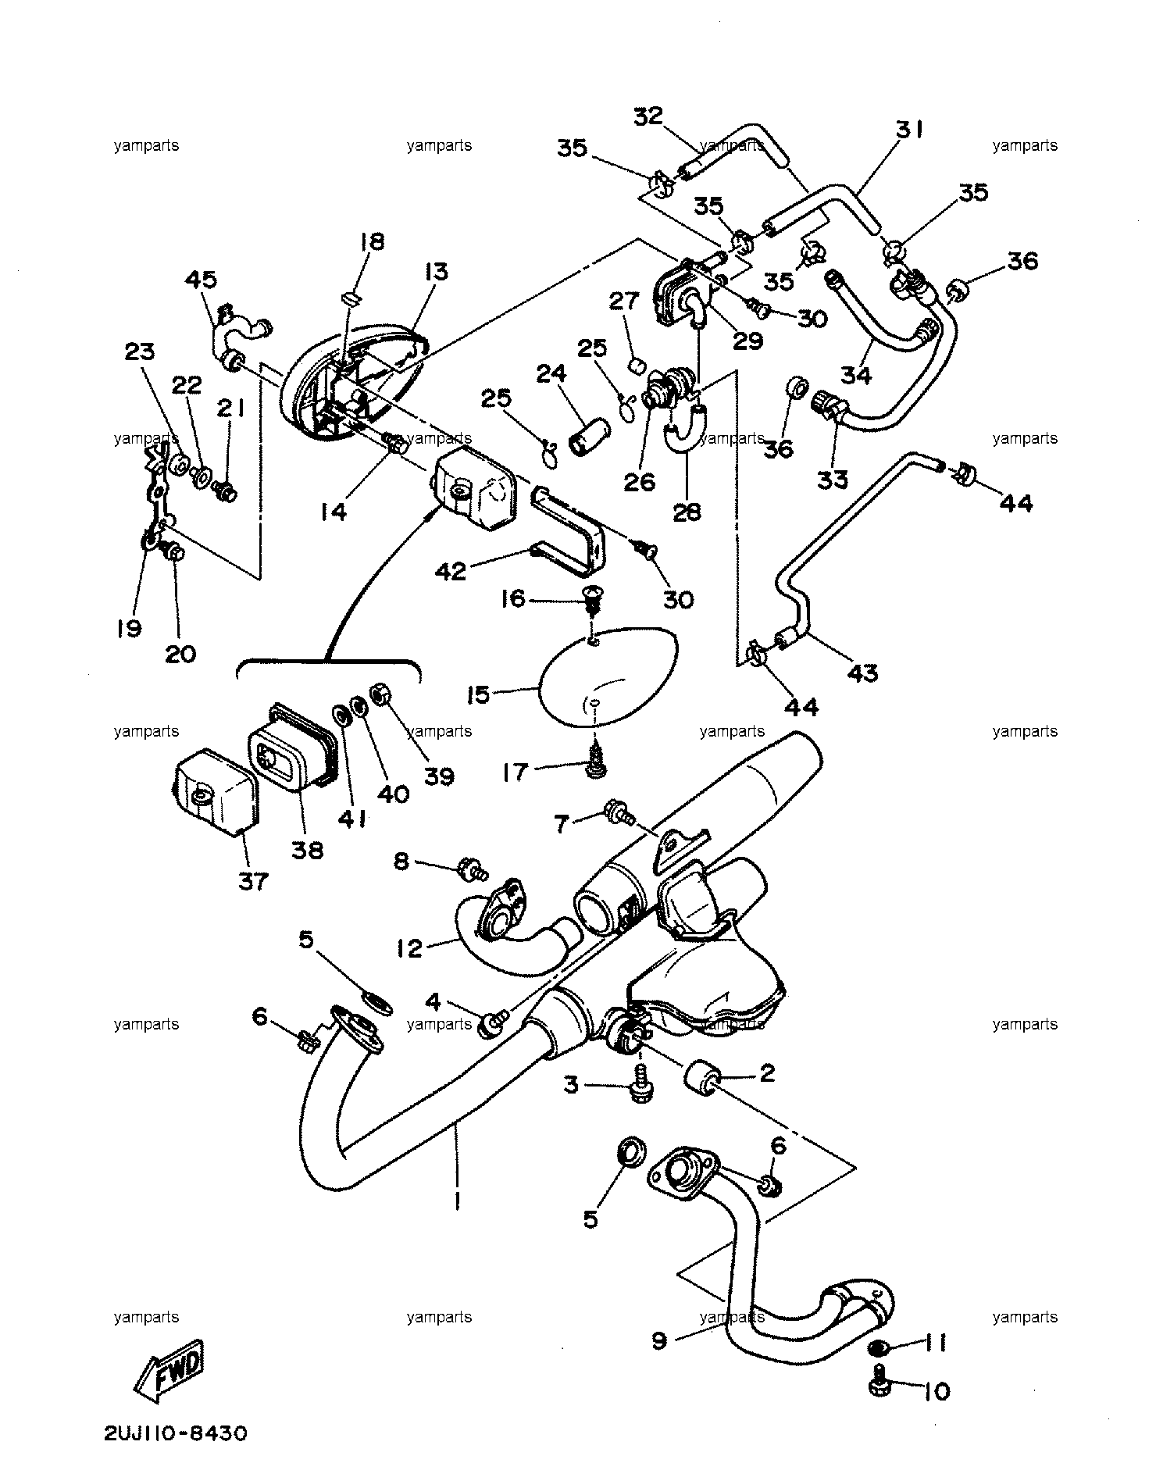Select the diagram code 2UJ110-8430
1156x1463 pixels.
174,1434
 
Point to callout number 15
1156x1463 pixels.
478,694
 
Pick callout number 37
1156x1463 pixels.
253,882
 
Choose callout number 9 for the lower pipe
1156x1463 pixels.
659,1340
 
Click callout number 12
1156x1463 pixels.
409,948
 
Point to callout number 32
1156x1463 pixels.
648,116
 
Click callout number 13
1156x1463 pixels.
437,271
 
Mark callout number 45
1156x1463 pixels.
201,280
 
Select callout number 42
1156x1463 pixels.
451,571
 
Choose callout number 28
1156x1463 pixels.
688,512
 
